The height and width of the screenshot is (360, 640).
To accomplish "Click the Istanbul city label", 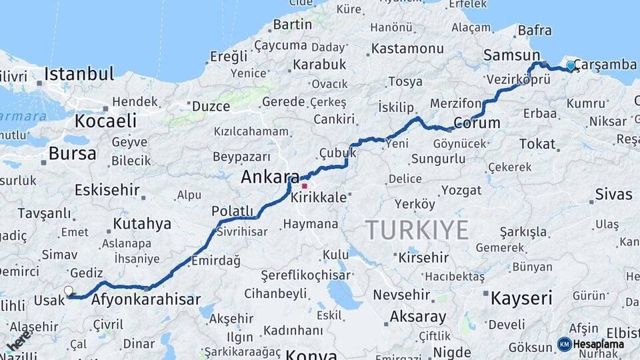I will tap(79, 73).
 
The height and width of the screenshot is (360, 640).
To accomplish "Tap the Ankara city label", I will tap(270, 177).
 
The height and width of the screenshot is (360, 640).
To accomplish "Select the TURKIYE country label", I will tap(417, 230).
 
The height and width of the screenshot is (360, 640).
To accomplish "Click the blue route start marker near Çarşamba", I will tap(571, 65).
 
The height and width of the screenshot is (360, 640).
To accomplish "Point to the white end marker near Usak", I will tap(68, 291).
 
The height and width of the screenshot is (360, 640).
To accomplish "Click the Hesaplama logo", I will tap(591, 344).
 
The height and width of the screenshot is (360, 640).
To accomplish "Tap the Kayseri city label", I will tap(521, 298).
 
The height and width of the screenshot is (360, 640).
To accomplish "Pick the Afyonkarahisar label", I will tap(146, 299).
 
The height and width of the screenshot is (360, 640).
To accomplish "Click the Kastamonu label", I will tap(407, 49).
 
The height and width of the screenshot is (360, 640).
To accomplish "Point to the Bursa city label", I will tap(72, 153).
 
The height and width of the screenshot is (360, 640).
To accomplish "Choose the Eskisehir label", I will tap(107, 190).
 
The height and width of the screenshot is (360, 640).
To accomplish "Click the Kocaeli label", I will tap(105, 121).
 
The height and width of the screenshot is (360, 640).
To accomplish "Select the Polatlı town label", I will tap(233, 211).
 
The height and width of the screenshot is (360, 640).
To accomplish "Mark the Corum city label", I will tap(477, 123).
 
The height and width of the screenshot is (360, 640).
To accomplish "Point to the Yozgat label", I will tap(461, 191).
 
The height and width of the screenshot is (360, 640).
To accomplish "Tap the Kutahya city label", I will tap(142, 223).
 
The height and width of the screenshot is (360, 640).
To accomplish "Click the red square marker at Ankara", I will tap(305, 186).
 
